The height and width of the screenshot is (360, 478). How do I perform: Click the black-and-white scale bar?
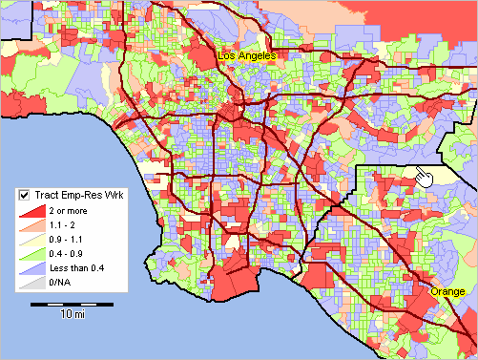[66, 304]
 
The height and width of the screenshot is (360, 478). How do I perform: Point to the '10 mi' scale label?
[70, 315]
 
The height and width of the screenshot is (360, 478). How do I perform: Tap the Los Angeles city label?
[247, 56]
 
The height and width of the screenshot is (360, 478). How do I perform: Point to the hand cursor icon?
[425, 175]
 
